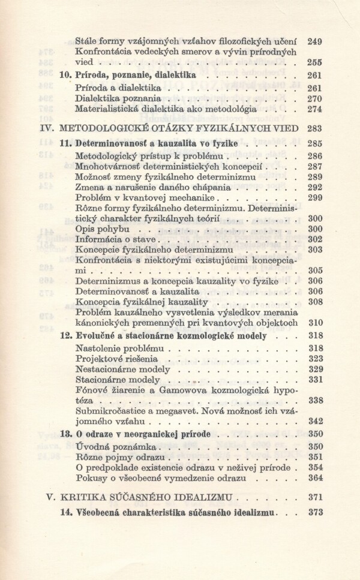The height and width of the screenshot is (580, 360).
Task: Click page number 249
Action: click(x=314, y=41)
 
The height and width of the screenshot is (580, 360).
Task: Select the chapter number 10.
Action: click(x=67, y=76)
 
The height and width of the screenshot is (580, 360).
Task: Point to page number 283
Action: click(x=314, y=128)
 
